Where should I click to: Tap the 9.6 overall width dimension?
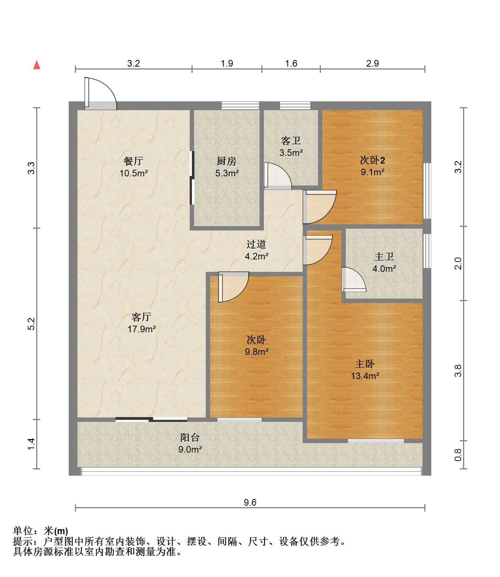[x=250, y=502]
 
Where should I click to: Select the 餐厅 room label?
[x=133, y=161]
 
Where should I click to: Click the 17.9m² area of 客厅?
[x=141, y=329]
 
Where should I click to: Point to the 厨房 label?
[x=227, y=161]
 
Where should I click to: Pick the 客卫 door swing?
[x=278, y=176]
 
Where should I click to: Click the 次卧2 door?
[x=319, y=207]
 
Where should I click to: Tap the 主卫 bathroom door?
[x=354, y=280]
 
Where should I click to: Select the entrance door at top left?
[x=101, y=94]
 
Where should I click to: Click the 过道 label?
[x=256, y=244]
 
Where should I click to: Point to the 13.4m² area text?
[x=365, y=376]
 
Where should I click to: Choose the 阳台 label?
[x=190, y=437]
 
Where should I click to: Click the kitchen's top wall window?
[x=240, y=105]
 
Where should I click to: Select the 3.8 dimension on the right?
[x=458, y=371]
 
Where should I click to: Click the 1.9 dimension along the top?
[x=227, y=63]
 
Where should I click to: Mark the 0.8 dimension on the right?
[x=458, y=455]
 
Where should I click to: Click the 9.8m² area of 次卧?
[x=257, y=352]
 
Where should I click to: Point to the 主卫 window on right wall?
[x=427, y=251]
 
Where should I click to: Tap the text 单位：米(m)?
[x=41, y=531]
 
